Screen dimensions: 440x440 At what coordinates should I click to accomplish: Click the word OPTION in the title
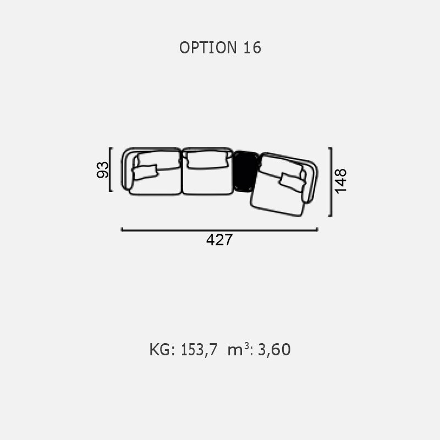coord(208,48)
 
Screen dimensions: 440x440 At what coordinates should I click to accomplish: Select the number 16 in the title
coord(252,48)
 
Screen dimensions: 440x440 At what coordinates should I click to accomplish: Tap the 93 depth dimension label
coord(102,169)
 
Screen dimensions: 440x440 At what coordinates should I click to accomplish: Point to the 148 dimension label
coord(341,181)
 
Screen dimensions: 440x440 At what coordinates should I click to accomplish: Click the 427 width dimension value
coord(219,240)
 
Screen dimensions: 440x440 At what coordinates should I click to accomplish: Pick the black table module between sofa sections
coord(246,171)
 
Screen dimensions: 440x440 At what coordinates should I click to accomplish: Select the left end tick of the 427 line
coord(122,229)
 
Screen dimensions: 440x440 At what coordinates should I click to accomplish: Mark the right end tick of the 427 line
coord(317,229)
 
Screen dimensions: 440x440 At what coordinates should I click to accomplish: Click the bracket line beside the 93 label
coord(109,169)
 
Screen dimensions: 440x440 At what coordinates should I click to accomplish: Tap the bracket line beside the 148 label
coord(331,182)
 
